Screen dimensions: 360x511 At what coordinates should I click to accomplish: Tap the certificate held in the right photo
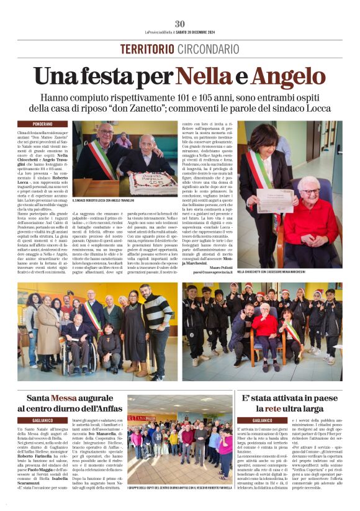(x=275, y=200)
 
